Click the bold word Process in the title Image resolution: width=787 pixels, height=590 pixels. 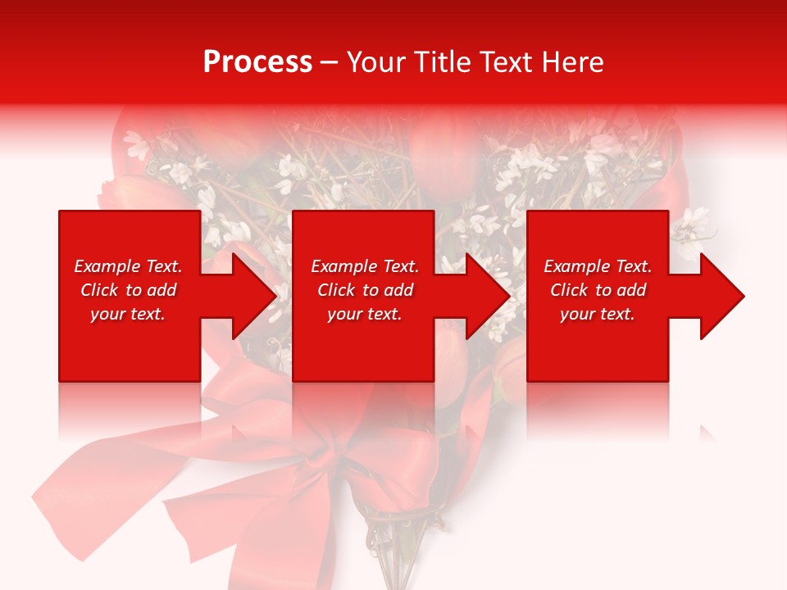(x=257, y=62)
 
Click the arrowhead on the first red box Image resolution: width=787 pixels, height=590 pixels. (x=250, y=296)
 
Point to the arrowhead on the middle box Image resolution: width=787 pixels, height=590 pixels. (x=484, y=296)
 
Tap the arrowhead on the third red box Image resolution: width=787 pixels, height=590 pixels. (x=718, y=296)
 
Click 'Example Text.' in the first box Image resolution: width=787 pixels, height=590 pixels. (x=128, y=266)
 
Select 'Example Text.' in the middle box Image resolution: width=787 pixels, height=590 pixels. (x=365, y=266)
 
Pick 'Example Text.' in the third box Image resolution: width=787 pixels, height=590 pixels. (x=598, y=266)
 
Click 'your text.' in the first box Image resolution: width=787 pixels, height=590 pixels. (x=128, y=314)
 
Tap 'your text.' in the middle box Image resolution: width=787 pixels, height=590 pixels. (x=365, y=314)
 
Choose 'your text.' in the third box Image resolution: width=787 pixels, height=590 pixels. (x=598, y=314)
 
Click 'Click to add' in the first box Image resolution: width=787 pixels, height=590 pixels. (x=128, y=290)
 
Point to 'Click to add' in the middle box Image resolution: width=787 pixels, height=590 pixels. (x=365, y=290)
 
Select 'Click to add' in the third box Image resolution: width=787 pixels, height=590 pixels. (x=598, y=290)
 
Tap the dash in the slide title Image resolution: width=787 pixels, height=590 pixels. (x=330, y=62)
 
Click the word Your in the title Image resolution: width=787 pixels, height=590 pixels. (x=377, y=62)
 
